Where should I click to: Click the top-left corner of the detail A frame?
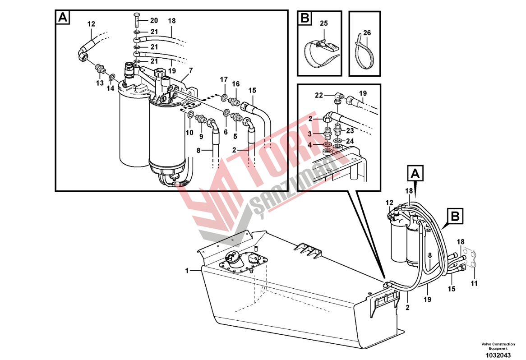coord(55,10)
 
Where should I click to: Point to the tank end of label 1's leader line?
coord(202,270)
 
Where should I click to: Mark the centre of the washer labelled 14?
coord(112,78)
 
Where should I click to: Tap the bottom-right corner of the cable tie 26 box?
coord(380,76)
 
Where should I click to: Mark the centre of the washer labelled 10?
coord(190,115)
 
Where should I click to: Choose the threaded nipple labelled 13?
coord(100,69)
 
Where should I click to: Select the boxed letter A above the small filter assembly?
coord(415,173)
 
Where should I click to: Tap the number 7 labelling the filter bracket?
coord(191,70)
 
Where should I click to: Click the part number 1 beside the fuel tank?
coord(187,271)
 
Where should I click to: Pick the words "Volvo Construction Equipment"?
coord(498,346)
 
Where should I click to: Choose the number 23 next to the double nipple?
coord(350,130)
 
